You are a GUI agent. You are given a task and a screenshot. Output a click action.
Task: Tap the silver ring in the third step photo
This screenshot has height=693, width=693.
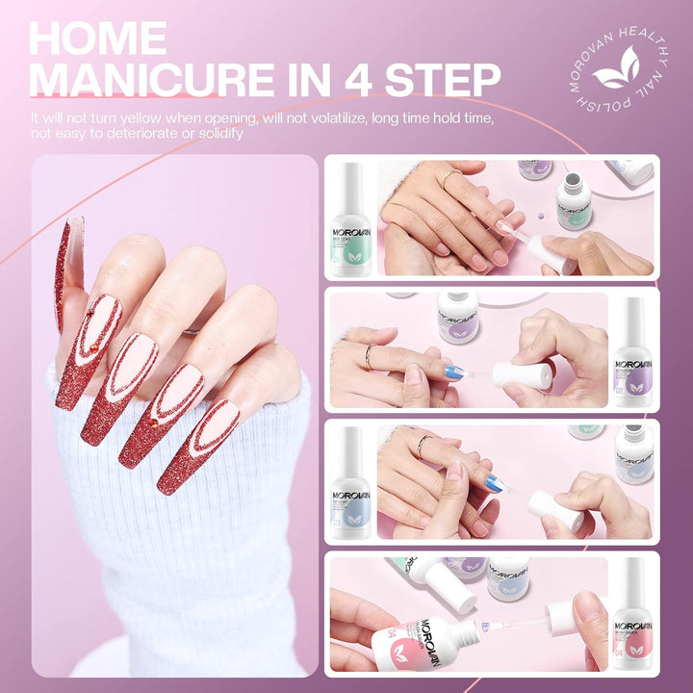point(423,444)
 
